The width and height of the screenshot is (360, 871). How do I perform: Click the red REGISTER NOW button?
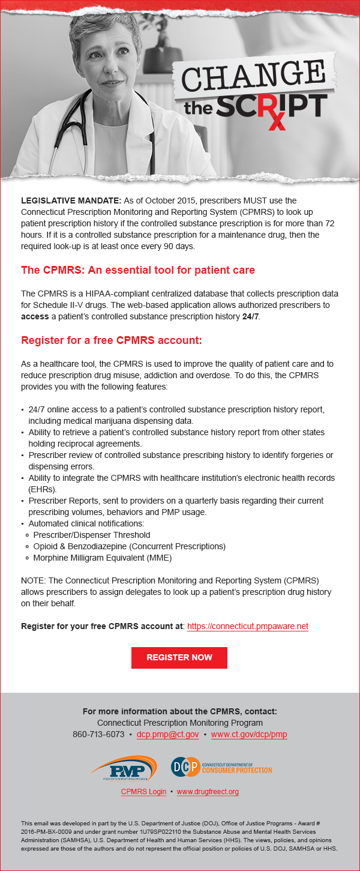pyautogui.click(x=179, y=657)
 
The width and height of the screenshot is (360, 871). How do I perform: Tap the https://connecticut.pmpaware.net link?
pyautogui.click(x=247, y=626)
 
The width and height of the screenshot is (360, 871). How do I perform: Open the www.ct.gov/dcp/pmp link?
pyautogui.click(x=249, y=734)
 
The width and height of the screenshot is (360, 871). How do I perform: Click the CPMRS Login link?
pyautogui.click(x=143, y=792)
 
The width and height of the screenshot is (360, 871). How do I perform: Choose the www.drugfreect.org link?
pyautogui.click(x=208, y=792)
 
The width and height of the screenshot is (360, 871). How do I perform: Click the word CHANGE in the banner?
pyautogui.click(x=252, y=76)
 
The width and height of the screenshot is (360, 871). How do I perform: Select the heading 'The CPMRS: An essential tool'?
pyautogui.click(x=138, y=270)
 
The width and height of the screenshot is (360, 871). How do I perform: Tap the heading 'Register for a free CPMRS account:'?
pyautogui.click(x=112, y=340)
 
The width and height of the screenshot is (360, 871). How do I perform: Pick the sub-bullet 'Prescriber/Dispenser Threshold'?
pyautogui.click(x=92, y=535)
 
